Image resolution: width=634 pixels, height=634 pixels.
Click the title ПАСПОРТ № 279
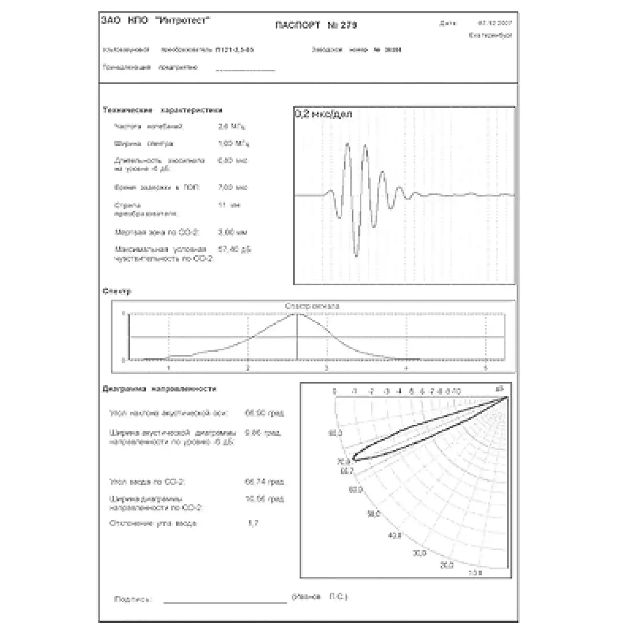pos(316,25)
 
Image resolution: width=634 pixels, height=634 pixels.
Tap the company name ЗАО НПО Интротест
pos(156,20)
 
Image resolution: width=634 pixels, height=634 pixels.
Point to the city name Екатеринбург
pos(490,36)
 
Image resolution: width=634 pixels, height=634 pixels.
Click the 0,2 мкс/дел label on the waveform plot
pos(323,114)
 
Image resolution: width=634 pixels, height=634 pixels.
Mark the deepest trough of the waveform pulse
pos(356,255)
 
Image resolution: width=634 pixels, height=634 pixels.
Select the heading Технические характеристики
pos(162,110)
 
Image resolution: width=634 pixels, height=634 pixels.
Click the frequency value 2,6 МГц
pos(231,126)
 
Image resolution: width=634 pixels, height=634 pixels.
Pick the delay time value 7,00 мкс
pos(232,187)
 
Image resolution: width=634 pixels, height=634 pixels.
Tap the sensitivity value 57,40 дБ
pos(234,249)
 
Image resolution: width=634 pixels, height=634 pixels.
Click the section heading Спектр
pos(117,291)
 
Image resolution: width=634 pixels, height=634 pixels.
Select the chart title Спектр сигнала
pos(312,306)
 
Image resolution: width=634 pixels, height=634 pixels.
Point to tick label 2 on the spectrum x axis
pos(248,368)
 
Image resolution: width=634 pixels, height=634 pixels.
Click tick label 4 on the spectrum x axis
pos(406,368)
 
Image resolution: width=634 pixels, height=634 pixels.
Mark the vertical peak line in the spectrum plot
pos(297,337)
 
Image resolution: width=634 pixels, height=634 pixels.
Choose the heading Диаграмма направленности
pos(159,389)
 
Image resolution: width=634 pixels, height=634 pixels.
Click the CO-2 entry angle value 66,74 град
pos(264,482)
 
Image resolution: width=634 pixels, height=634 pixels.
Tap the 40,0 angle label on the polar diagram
pos(394,536)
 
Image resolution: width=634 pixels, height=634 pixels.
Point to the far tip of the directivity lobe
pos(354,459)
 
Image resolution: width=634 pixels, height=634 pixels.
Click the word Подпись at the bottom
pos(133,599)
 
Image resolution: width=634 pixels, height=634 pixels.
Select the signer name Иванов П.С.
pos(320,597)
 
